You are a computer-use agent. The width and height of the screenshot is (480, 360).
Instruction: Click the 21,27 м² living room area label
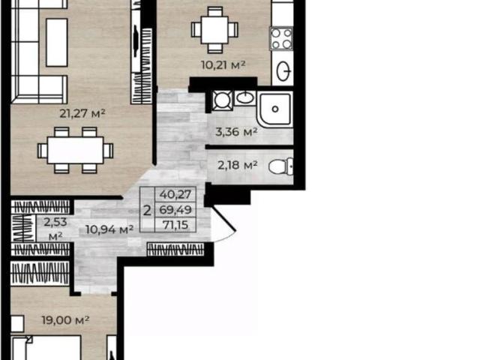point(82,113)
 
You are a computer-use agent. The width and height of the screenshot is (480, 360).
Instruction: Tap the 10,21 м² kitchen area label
point(223,65)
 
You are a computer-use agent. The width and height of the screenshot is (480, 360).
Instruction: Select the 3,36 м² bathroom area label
point(236,132)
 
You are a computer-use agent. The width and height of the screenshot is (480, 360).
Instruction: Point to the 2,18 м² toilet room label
point(237,166)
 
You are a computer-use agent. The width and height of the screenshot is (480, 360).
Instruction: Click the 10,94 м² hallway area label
point(109,229)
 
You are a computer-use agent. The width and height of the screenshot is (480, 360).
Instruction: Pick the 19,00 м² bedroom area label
point(65,320)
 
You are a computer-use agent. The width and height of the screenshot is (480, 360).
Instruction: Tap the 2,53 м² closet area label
point(55,229)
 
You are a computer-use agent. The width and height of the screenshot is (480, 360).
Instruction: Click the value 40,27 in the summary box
point(175,194)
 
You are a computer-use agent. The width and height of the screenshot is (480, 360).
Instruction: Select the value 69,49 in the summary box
point(175,210)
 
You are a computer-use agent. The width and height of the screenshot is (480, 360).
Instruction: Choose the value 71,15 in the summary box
point(175,225)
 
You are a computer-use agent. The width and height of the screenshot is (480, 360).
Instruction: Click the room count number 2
point(147,211)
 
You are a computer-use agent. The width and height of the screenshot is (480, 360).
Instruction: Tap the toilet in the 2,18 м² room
point(280,166)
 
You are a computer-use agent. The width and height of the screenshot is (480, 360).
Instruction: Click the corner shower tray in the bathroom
point(274,109)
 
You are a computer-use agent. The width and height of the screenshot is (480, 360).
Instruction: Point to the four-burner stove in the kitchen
point(281,38)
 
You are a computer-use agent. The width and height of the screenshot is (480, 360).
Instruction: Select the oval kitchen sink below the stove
point(283,71)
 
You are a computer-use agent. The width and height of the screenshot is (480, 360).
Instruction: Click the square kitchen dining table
point(214,30)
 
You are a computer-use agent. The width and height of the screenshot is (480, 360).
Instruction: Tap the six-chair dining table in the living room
point(75,150)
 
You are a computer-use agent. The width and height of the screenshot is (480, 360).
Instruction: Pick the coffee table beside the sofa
point(57,43)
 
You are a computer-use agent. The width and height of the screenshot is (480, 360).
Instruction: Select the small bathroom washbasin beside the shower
point(245,98)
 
